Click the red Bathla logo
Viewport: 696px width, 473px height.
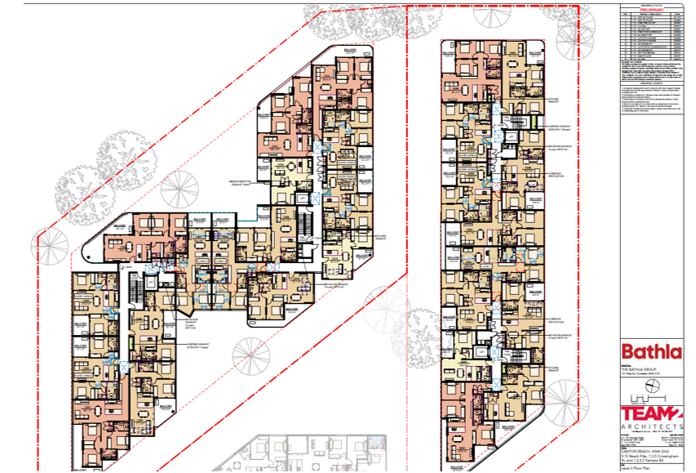pos(651,353)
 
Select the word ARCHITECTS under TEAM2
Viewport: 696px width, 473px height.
pos(651,427)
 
